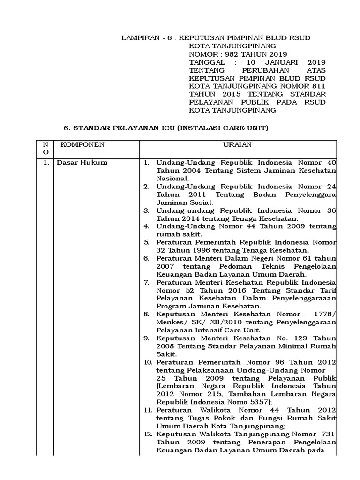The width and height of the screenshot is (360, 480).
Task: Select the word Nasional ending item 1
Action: [172, 178]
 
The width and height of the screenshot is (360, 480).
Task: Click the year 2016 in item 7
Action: [221, 290]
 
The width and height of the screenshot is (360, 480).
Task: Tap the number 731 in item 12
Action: [326, 435]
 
